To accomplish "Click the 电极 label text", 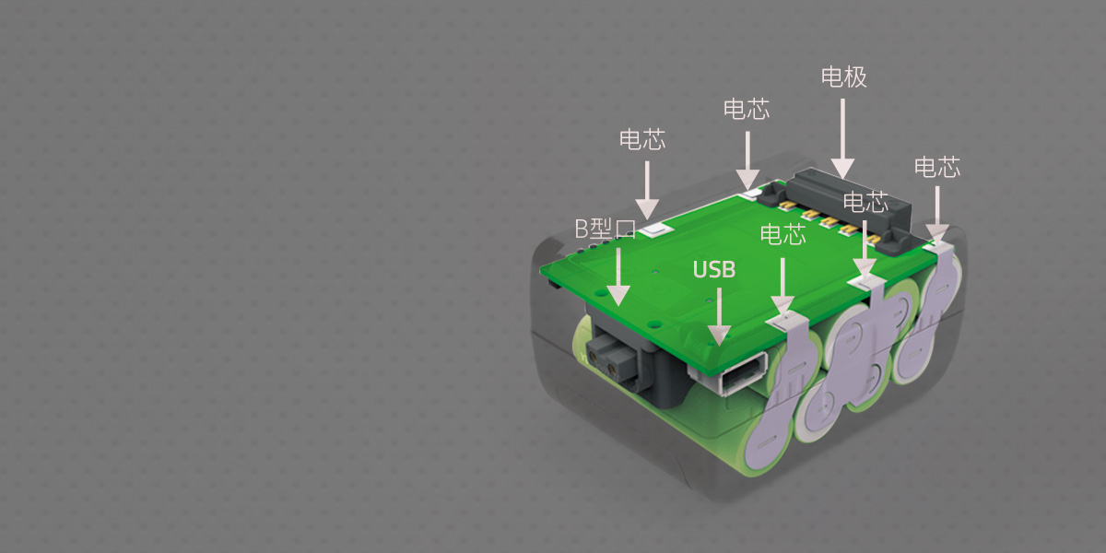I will [x=844, y=76].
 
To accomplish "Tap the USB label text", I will [x=714, y=269].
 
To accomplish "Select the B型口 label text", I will [x=606, y=229].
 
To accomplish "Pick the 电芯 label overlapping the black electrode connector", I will [x=865, y=202].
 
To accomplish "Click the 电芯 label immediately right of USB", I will [x=782, y=235].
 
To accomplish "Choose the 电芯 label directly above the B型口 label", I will [x=642, y=140].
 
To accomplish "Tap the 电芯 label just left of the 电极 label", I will [x=747, y=110].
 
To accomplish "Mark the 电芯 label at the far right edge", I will [x=937, y=168].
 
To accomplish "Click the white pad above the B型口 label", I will [x=655, y=228].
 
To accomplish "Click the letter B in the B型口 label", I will [x=582, y=229].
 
